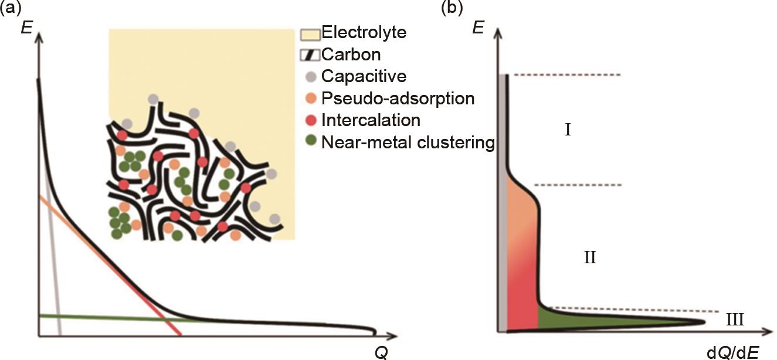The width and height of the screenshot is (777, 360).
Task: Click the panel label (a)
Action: click(x=11, y=8)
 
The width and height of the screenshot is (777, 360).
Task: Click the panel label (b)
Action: click(x=454, y=8)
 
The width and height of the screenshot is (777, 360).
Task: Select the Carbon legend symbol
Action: click(x=309, y=55)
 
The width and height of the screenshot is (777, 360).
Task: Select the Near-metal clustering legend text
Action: click(x=408, y=142)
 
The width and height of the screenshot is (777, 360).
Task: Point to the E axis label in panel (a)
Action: click(x=25, y=27)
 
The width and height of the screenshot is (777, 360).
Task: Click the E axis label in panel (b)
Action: click(x=478, y=27)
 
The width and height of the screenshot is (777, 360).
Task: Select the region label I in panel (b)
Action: click(x=568, y=130)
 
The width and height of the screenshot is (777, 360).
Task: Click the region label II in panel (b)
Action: click(x=589, y=257)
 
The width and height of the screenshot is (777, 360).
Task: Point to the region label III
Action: click(x=735, y=320)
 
